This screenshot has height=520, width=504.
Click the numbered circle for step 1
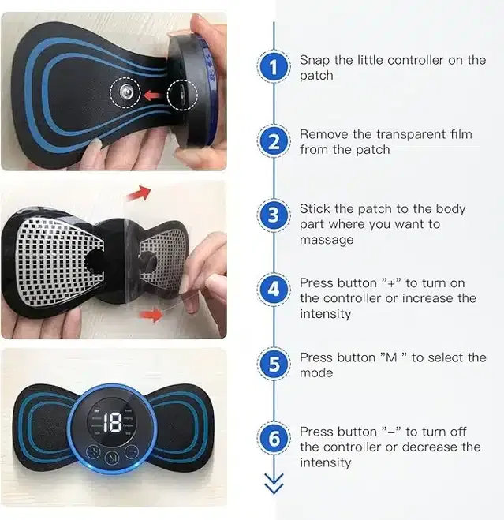pos(274,68)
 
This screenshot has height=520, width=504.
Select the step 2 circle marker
pos(274,142)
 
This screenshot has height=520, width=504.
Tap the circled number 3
pos(274,216)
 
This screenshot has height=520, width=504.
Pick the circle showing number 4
pos(274,290)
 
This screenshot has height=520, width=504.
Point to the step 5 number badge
pos(274,365)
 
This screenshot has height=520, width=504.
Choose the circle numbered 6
pos(274,439)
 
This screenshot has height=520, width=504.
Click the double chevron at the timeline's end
pos(274,486)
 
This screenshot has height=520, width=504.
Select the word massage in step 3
pos(326,240)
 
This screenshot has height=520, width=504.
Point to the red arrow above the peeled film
pos(140,193)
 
